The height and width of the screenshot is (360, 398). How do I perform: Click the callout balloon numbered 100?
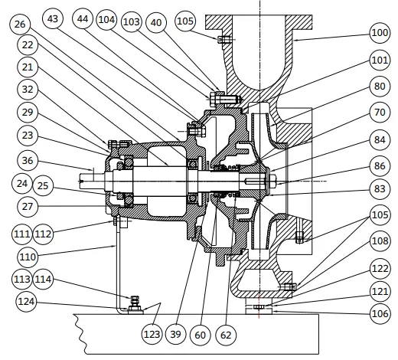pyautogui.click(x=380, y=34)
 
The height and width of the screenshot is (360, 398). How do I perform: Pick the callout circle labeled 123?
pyautogui.click(x=153, y=333)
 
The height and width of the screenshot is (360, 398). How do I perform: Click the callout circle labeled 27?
pyautogui.click(x=27, y=206)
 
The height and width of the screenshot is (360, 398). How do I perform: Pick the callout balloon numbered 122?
pyautogui.click(x=380, y=269)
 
